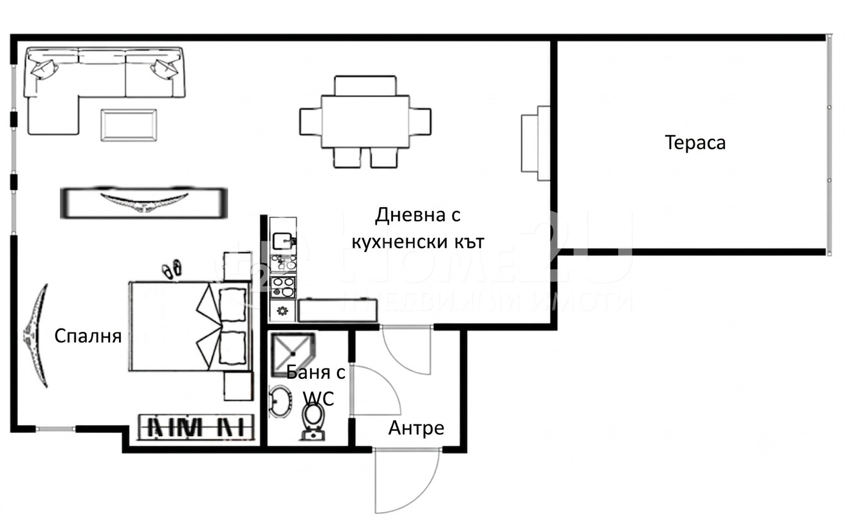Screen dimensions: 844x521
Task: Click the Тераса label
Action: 695,143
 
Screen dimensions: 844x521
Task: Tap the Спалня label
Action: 87,336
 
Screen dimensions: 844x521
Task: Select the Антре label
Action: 416,428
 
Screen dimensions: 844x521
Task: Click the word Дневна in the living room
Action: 405,215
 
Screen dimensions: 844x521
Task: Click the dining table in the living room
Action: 365,122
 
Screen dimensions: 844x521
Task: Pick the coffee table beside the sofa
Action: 129,125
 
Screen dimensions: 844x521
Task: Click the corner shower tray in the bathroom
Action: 293,354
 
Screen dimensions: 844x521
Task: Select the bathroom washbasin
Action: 280,401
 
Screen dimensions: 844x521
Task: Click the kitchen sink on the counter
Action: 282,241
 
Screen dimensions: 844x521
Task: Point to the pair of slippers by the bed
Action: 171,269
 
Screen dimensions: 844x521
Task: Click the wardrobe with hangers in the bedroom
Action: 196,427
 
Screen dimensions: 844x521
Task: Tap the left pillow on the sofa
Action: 44,69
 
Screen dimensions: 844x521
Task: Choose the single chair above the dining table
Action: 365,86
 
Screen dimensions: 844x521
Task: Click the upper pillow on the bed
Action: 232,304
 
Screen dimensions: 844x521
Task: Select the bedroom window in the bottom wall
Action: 55,429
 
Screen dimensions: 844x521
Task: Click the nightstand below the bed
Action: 238,387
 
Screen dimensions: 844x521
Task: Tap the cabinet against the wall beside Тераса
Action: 535,143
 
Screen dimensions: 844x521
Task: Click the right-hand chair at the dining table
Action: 420,122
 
